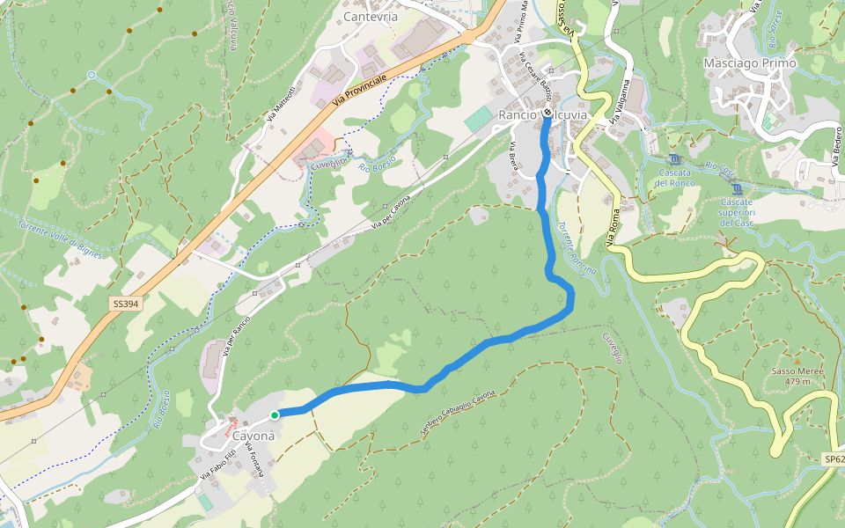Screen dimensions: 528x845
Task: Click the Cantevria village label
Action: coord(371,17)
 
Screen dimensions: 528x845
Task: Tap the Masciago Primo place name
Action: coord(750,63)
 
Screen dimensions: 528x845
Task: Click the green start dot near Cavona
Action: coord(275,415)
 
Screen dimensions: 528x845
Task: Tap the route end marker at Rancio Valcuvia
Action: coord(547,113)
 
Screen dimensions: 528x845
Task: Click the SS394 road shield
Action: coord(126,304)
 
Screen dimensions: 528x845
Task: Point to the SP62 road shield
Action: coord(834,459)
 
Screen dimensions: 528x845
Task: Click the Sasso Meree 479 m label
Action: coord(797,376)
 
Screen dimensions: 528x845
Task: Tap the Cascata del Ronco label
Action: coord(675,177)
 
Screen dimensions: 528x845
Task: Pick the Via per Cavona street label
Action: coord(390,214)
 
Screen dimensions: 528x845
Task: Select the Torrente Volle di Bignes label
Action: coord(59,240)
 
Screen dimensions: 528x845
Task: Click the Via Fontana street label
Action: coord(254,460)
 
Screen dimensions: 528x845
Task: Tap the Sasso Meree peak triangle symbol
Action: coord(797,361)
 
